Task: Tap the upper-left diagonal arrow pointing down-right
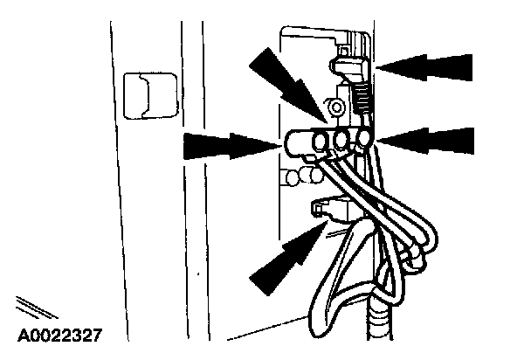click(x=282, y=79)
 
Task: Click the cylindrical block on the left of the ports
click(x=299, y=143)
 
